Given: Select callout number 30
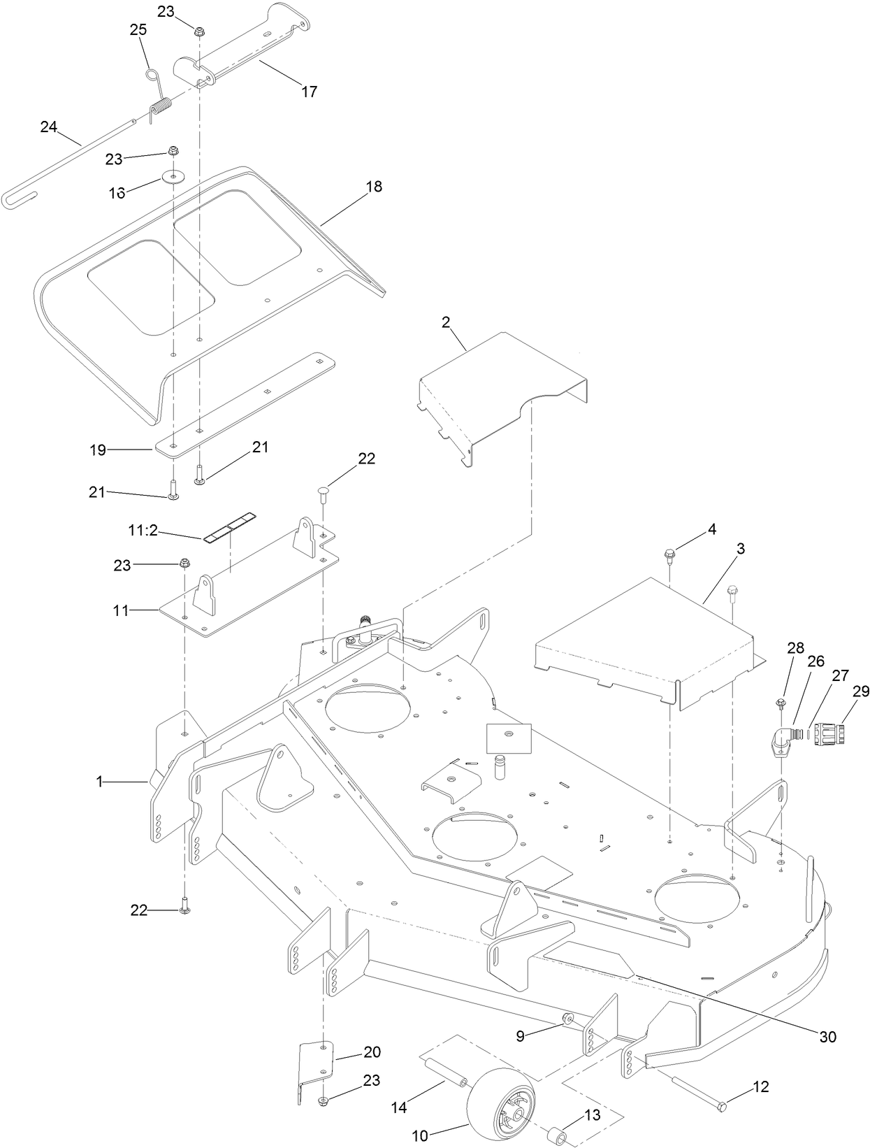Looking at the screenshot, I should (x=827, y=1036).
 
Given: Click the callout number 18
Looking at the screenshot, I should (x=374, y=187).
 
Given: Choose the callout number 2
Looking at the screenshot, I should (x=446, y=322).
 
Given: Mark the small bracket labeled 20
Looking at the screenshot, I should (x=315, y=1062).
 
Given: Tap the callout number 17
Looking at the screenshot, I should (x=309, y=91).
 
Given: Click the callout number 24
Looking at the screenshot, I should (x=48, y=127).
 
